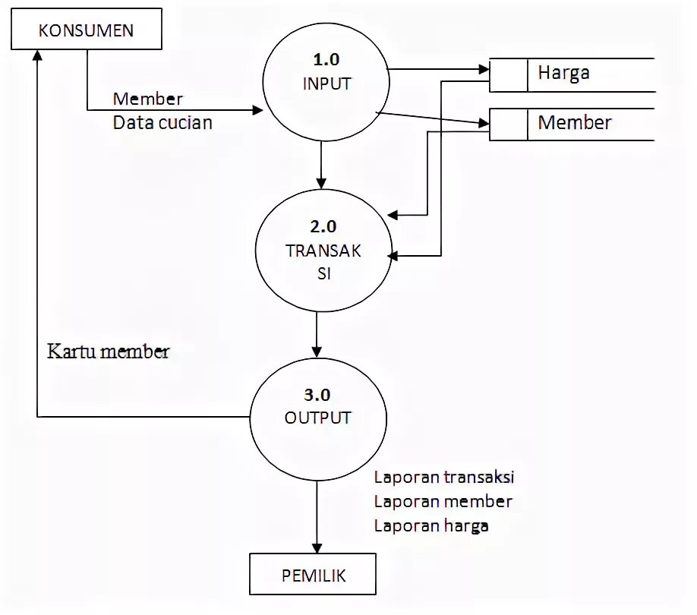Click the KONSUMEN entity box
click(86, 31)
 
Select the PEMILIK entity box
click(313, 576)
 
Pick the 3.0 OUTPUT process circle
click(317, 417)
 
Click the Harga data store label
click(563, 74)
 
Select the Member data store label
click(574, 123)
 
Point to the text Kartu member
click(109, 352)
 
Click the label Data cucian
click(162, 121)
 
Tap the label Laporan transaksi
click(444, 478)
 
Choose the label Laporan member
click(443, 501)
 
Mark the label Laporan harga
click(430, 525)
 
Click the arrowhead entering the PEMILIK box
click(317, 547)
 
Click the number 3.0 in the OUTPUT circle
click(317, 395)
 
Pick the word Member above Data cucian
click(147, 99)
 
